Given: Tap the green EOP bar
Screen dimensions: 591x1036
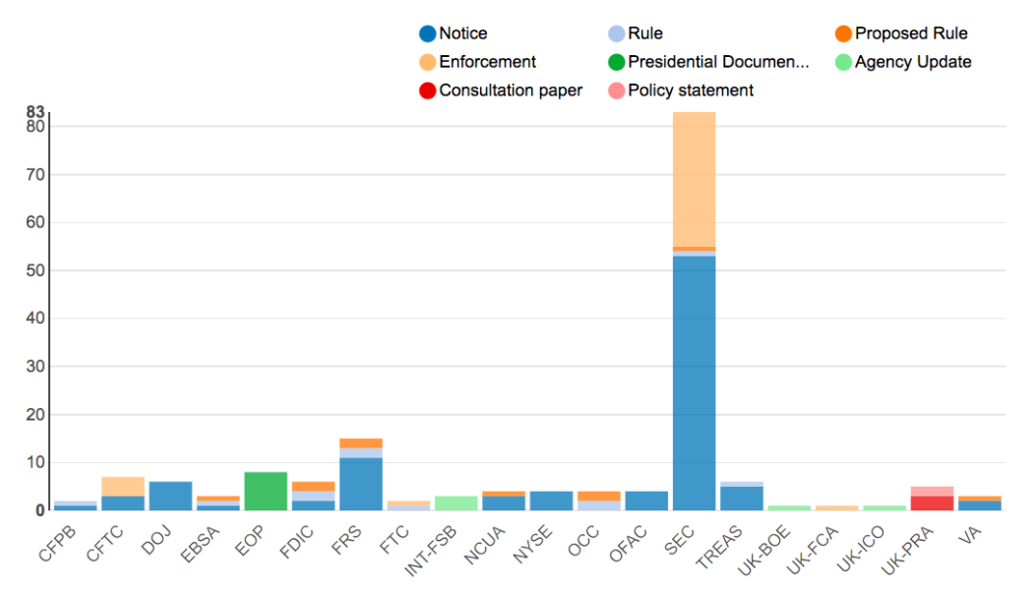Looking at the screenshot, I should [266, 491].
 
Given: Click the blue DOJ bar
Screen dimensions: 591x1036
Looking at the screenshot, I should [170, 496].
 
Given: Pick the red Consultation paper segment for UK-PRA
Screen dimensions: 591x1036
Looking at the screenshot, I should [932, 502].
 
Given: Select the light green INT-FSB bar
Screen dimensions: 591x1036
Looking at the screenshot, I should [456, 502].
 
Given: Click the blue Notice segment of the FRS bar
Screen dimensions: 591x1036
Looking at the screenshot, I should [360, 484].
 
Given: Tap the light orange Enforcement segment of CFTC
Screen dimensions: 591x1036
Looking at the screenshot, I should [123, 486].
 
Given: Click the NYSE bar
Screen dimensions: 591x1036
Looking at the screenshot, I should [551, 501].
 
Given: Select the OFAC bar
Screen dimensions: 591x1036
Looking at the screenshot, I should [646, 501].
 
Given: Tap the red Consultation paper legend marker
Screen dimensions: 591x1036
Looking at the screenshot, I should [427, 90].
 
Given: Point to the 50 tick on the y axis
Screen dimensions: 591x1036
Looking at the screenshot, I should [35, 270].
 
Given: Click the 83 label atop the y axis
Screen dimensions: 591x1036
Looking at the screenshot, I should [35, 112].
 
